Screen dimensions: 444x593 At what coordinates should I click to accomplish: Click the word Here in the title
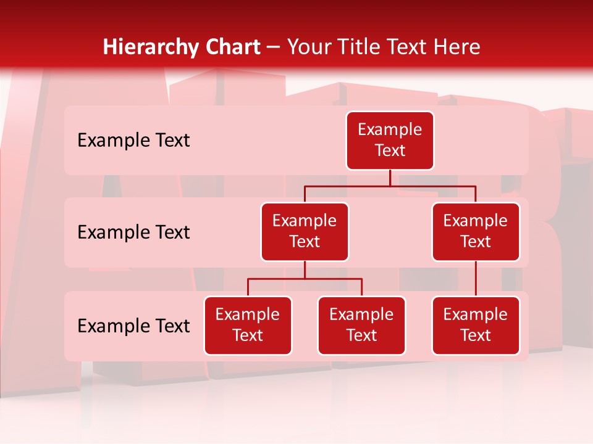457,47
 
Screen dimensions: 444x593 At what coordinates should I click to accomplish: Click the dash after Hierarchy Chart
274,47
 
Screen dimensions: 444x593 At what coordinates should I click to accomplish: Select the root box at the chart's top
390,141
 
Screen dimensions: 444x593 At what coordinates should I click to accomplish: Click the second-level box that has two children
305,232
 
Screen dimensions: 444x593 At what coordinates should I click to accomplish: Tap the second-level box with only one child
476,232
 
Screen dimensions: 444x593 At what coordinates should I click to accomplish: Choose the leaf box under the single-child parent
476,326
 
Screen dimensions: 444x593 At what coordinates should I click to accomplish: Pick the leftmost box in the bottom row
248,326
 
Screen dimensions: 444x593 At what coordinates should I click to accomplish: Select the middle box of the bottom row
361,326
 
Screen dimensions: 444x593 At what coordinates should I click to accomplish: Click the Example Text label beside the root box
133,141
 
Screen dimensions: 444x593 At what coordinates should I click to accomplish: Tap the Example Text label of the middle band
133,232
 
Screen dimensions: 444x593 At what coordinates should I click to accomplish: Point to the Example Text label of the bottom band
133,326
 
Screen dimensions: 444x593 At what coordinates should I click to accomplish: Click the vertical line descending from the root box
390,178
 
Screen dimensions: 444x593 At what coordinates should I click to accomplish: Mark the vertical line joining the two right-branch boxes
476,279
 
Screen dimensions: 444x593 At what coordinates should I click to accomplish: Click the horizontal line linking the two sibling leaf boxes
305,279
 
